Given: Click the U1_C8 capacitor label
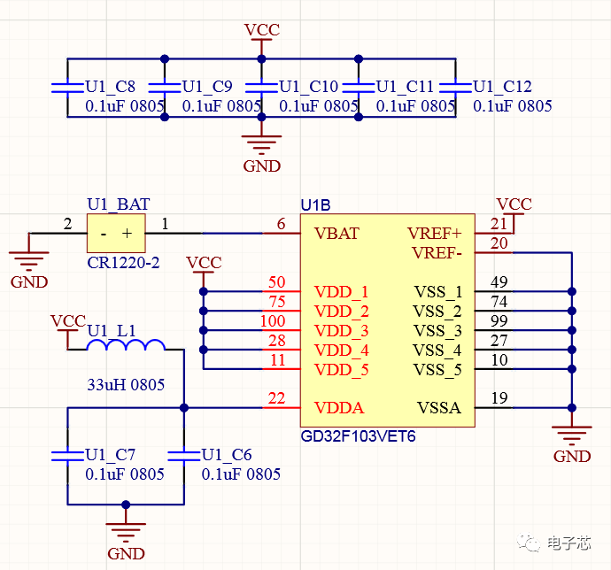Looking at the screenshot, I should [x=111, y=87].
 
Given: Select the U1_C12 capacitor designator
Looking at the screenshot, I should [x=502, y=87].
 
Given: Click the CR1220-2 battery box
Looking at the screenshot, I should [x=115, y=235].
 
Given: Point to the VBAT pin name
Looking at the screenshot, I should [x=336, y=234].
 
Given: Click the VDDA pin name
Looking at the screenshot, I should [x=339, y=408].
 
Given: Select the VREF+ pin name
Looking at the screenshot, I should [x=435, y=234].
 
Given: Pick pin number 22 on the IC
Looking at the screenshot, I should [x=276, y=400].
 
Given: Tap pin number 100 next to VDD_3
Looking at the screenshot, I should [x=273, y=321].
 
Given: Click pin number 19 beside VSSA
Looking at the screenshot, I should [x=499, y=399].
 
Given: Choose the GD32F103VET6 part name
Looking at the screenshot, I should [x=358, y=436].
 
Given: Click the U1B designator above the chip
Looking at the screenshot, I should [x=316, y=205].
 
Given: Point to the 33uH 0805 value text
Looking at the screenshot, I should [x=125, y=386].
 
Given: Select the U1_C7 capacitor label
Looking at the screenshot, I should [x=111, y=455].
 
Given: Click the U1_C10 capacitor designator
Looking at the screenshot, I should [x=309, y=87].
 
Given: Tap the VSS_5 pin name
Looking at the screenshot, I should [x=437, y=369].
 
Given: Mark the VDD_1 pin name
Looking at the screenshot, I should [x=341, y=292].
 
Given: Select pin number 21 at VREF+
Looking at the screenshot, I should [x=499, y=225].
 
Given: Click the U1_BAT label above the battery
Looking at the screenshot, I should [x=119, y=205].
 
